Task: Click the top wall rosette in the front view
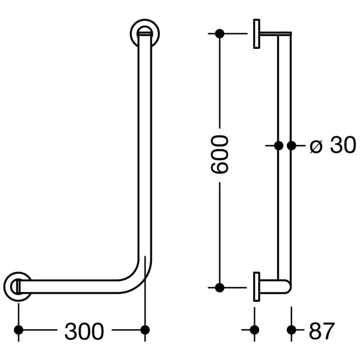145,32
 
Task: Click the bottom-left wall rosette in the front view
17,286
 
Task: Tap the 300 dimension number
84,331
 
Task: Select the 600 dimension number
220,154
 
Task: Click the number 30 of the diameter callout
343,146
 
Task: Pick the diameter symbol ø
316,147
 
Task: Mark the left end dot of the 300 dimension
19,330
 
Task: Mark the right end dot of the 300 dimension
145,330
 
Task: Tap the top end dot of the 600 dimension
220,34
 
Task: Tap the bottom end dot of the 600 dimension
220,287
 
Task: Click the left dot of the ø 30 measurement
278,146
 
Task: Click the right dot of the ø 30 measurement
292,146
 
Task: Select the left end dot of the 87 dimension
254,330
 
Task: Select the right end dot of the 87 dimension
292,330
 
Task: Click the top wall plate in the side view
256,34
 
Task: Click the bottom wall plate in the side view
256,287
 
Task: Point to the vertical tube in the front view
145,154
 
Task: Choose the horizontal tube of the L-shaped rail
77,286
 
